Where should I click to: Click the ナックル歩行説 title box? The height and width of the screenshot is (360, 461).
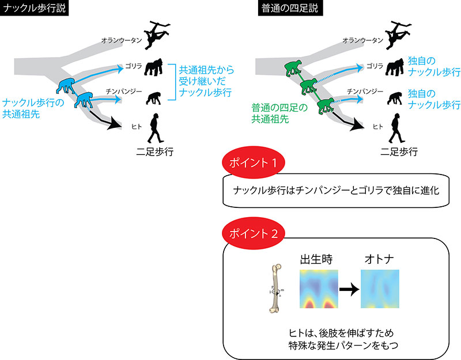click(35, 9)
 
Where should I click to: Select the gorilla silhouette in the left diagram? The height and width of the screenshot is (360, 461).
click(155, 68)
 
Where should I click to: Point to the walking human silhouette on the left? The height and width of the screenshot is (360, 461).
click(155, 128)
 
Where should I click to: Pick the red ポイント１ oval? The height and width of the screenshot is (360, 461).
click(254, 162)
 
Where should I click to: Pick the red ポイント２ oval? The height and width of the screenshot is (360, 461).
click(254, 234)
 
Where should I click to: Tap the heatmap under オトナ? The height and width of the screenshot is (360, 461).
click(379, 289)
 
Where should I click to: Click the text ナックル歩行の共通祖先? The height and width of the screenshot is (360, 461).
click(29, 108)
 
